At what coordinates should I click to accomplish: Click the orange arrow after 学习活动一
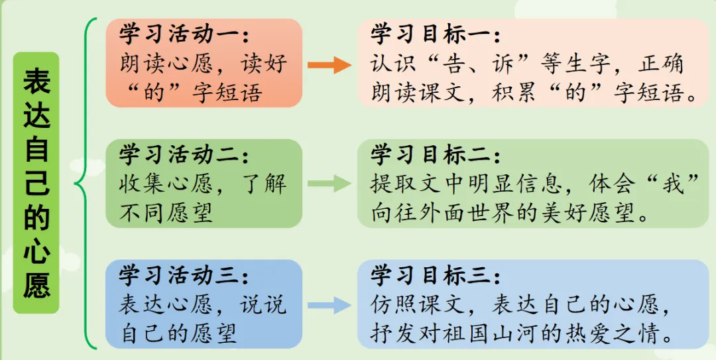pyautogui.click(x=329, y=64)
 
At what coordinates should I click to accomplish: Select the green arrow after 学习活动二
pyautogui.click(x=329, y=184)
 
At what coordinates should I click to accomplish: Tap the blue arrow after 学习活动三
pyautogui.click(x=329, y=305)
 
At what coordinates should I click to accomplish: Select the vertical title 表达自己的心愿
pyautogui.click(x=36, y=182)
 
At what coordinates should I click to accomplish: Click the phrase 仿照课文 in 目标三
pyautogui.click(x=418, y=305)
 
